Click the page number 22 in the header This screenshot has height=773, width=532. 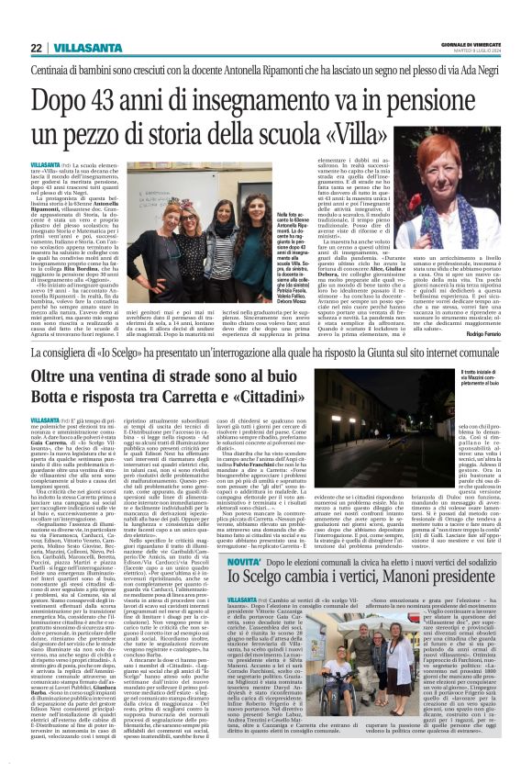pyautogui.click(x=36, y=47)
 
